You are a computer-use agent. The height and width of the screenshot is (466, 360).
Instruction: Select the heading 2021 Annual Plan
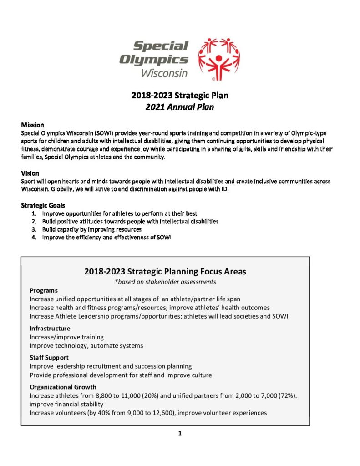click(x=179, y=107)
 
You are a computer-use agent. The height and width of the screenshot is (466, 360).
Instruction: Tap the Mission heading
click(x=32, y=125)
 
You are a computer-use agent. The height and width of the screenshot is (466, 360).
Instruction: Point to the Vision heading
click(x=30, y=173)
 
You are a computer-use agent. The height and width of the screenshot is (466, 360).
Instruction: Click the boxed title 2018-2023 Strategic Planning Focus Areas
click(x=165, y=272)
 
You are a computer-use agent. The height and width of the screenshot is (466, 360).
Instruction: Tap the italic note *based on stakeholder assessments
click(x=165, y=282)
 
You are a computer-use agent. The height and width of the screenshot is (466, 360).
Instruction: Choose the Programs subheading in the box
click(x=44, y=290)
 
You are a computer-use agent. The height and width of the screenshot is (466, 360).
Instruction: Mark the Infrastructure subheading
click(x=50, y=328)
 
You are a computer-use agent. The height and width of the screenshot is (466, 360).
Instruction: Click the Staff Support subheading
click(x=49, y=357)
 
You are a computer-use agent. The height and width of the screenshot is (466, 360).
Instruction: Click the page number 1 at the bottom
click(x=180, y=433)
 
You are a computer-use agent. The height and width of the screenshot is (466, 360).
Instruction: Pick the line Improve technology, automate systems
click(x=86, y=345)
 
